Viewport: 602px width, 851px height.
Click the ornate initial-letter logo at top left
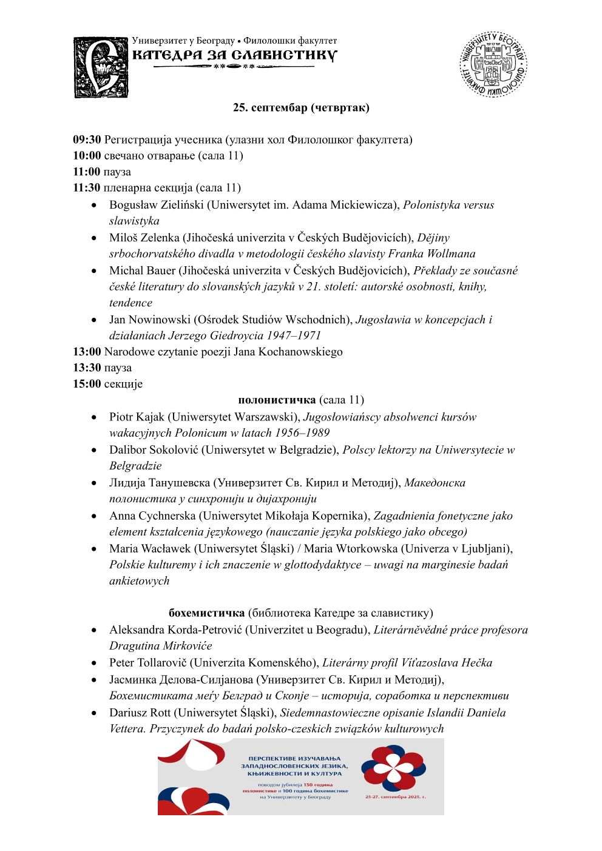pos(101,67)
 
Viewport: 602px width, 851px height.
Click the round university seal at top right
pos(493,65)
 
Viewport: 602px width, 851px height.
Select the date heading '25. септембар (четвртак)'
pos(301,108)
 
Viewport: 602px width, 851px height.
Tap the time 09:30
pos(87,140)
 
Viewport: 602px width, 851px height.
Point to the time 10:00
pos(87,156)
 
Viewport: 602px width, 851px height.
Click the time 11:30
pos(87,188)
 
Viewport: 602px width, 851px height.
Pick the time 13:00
pos(87,352)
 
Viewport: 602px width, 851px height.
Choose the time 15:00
pos(87,384)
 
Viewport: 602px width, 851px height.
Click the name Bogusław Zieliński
pos(157,205)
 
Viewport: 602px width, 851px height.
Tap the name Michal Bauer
pos(142,271)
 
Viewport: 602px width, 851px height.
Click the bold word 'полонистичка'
pos(277,400)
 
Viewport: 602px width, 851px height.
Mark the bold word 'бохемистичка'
pos(206,613)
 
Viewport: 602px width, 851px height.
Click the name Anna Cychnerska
pos(152,516)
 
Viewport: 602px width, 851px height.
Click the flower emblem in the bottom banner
pos(393,769)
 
